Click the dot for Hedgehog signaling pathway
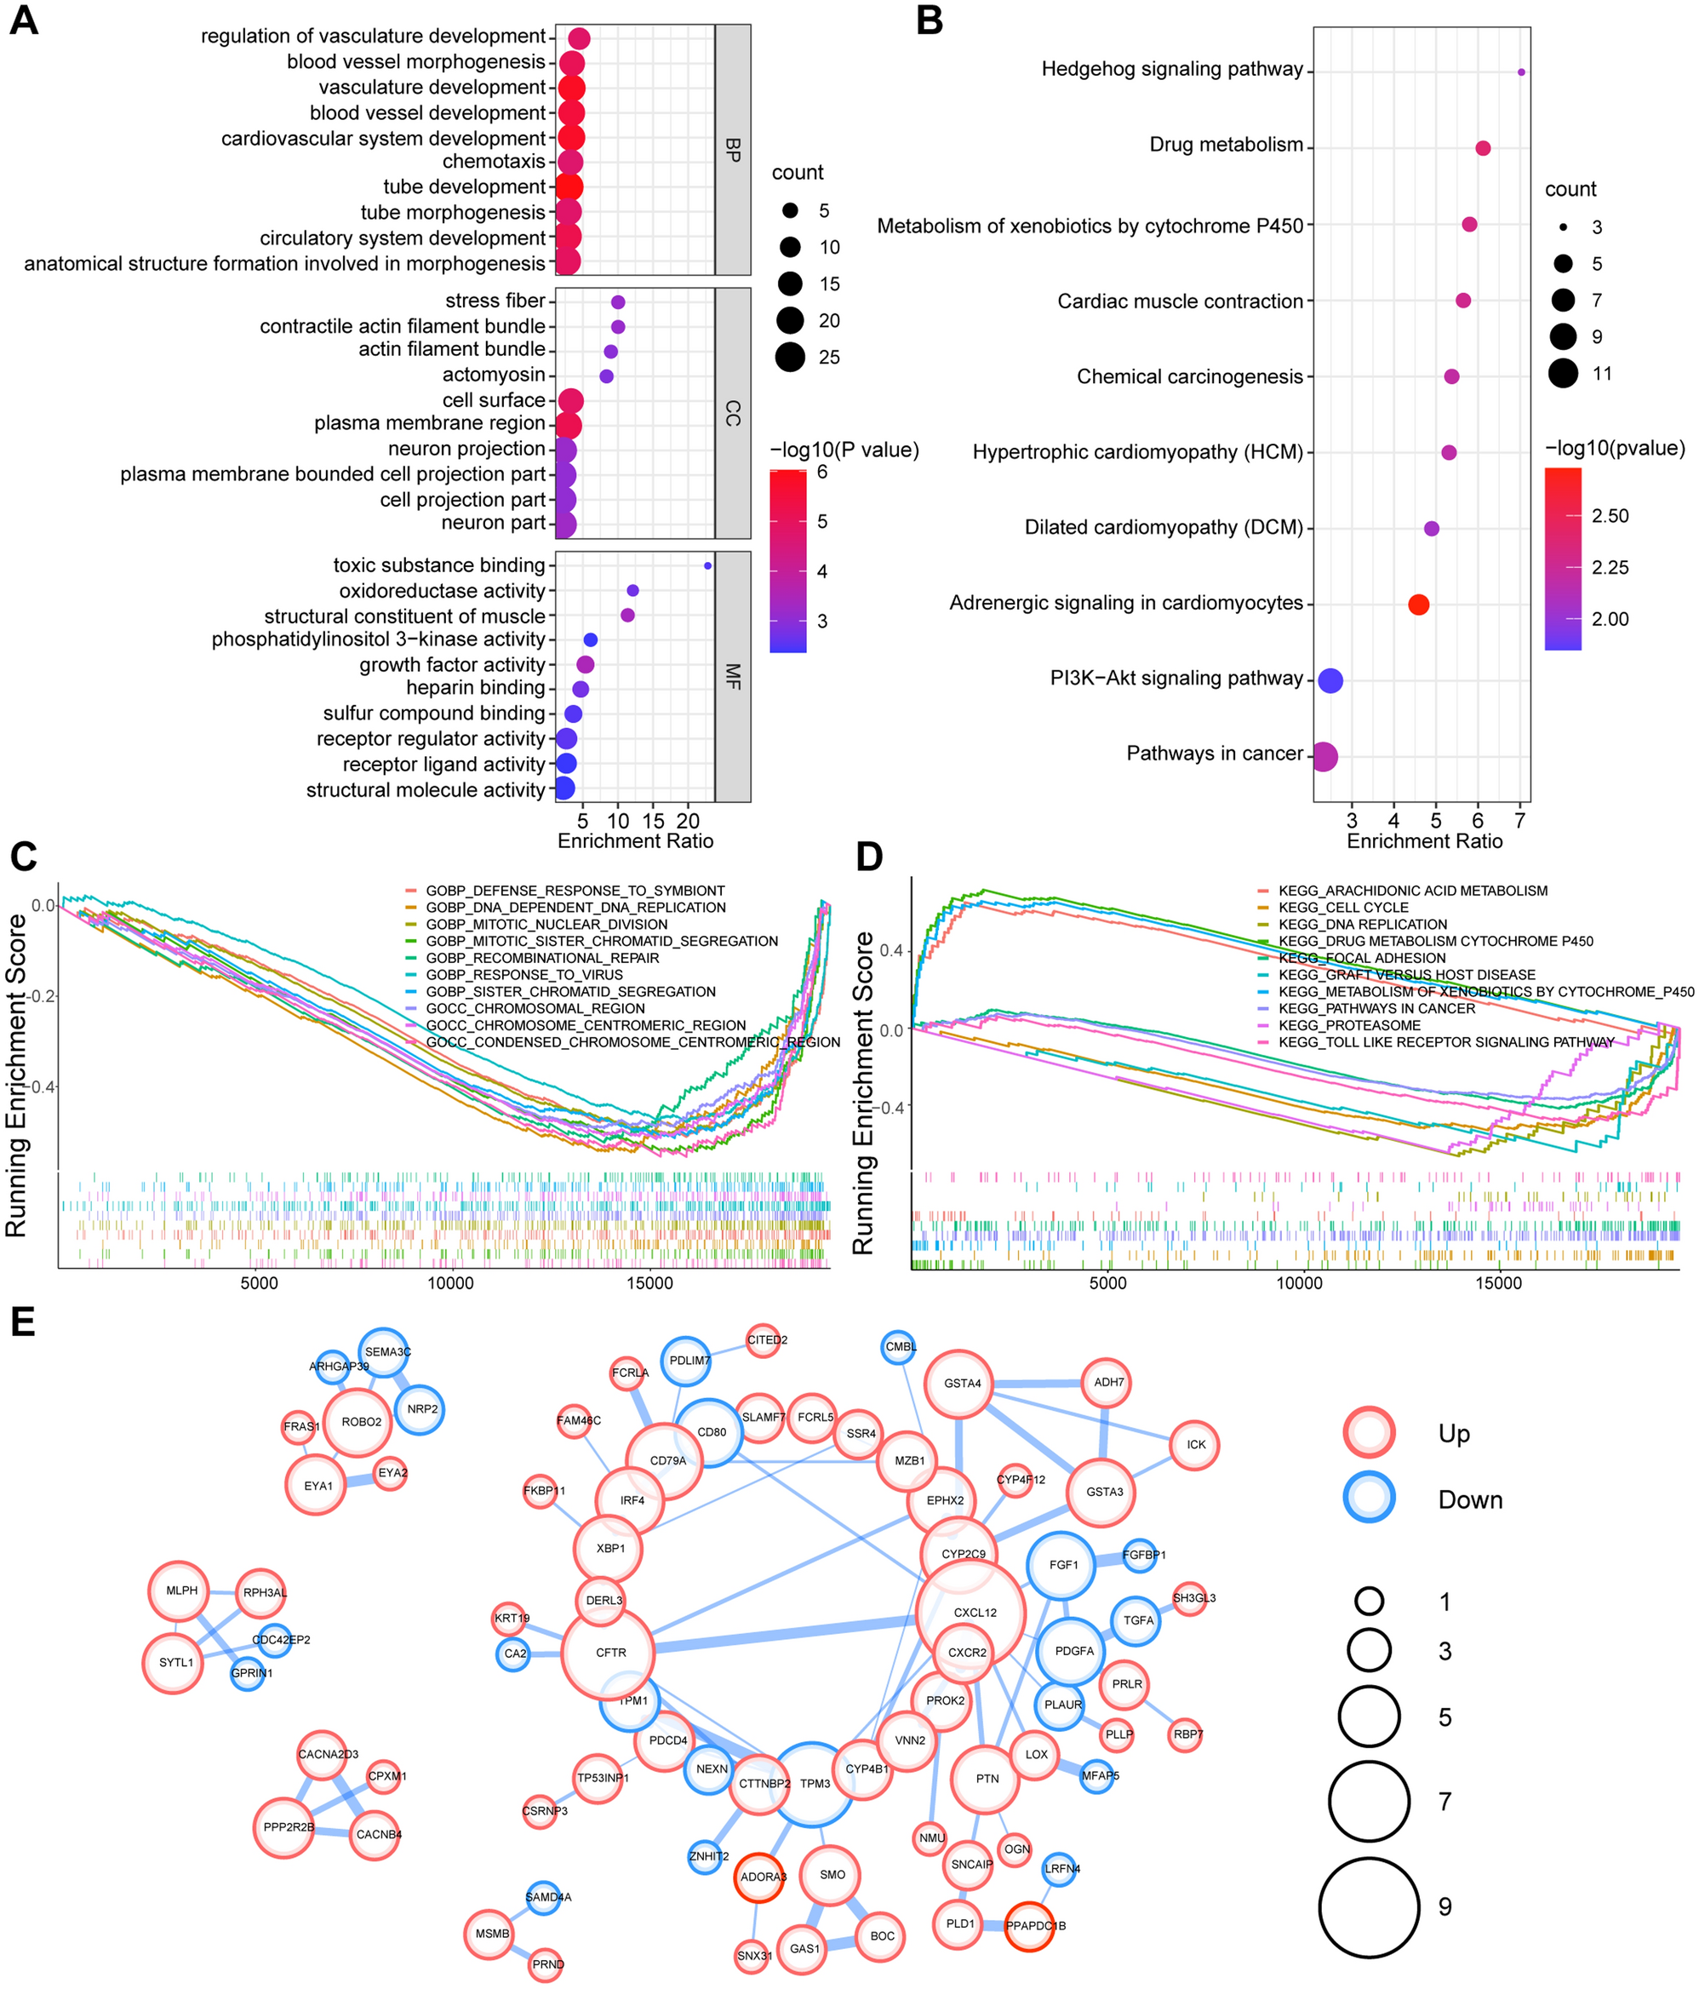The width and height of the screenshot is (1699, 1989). pos(1520,72)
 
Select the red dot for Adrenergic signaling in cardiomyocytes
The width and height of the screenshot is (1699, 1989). pos(1418,605)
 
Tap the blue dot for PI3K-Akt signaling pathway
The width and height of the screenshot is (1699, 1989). pos(1330,680)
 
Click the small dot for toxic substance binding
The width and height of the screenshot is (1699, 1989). pos(707,565)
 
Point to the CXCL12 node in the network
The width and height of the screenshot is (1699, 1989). pos(970,1613)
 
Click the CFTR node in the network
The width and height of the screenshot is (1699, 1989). pos(608,1652)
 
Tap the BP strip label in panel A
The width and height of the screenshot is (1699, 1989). pos(732,150)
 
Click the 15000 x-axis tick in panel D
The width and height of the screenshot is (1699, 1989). pos(1497,1283)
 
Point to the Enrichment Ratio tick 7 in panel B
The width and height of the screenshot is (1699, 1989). pos(1519,821)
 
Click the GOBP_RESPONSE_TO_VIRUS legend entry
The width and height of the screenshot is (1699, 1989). pos(524,974)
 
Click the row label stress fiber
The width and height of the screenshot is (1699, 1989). pos(495,301)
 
